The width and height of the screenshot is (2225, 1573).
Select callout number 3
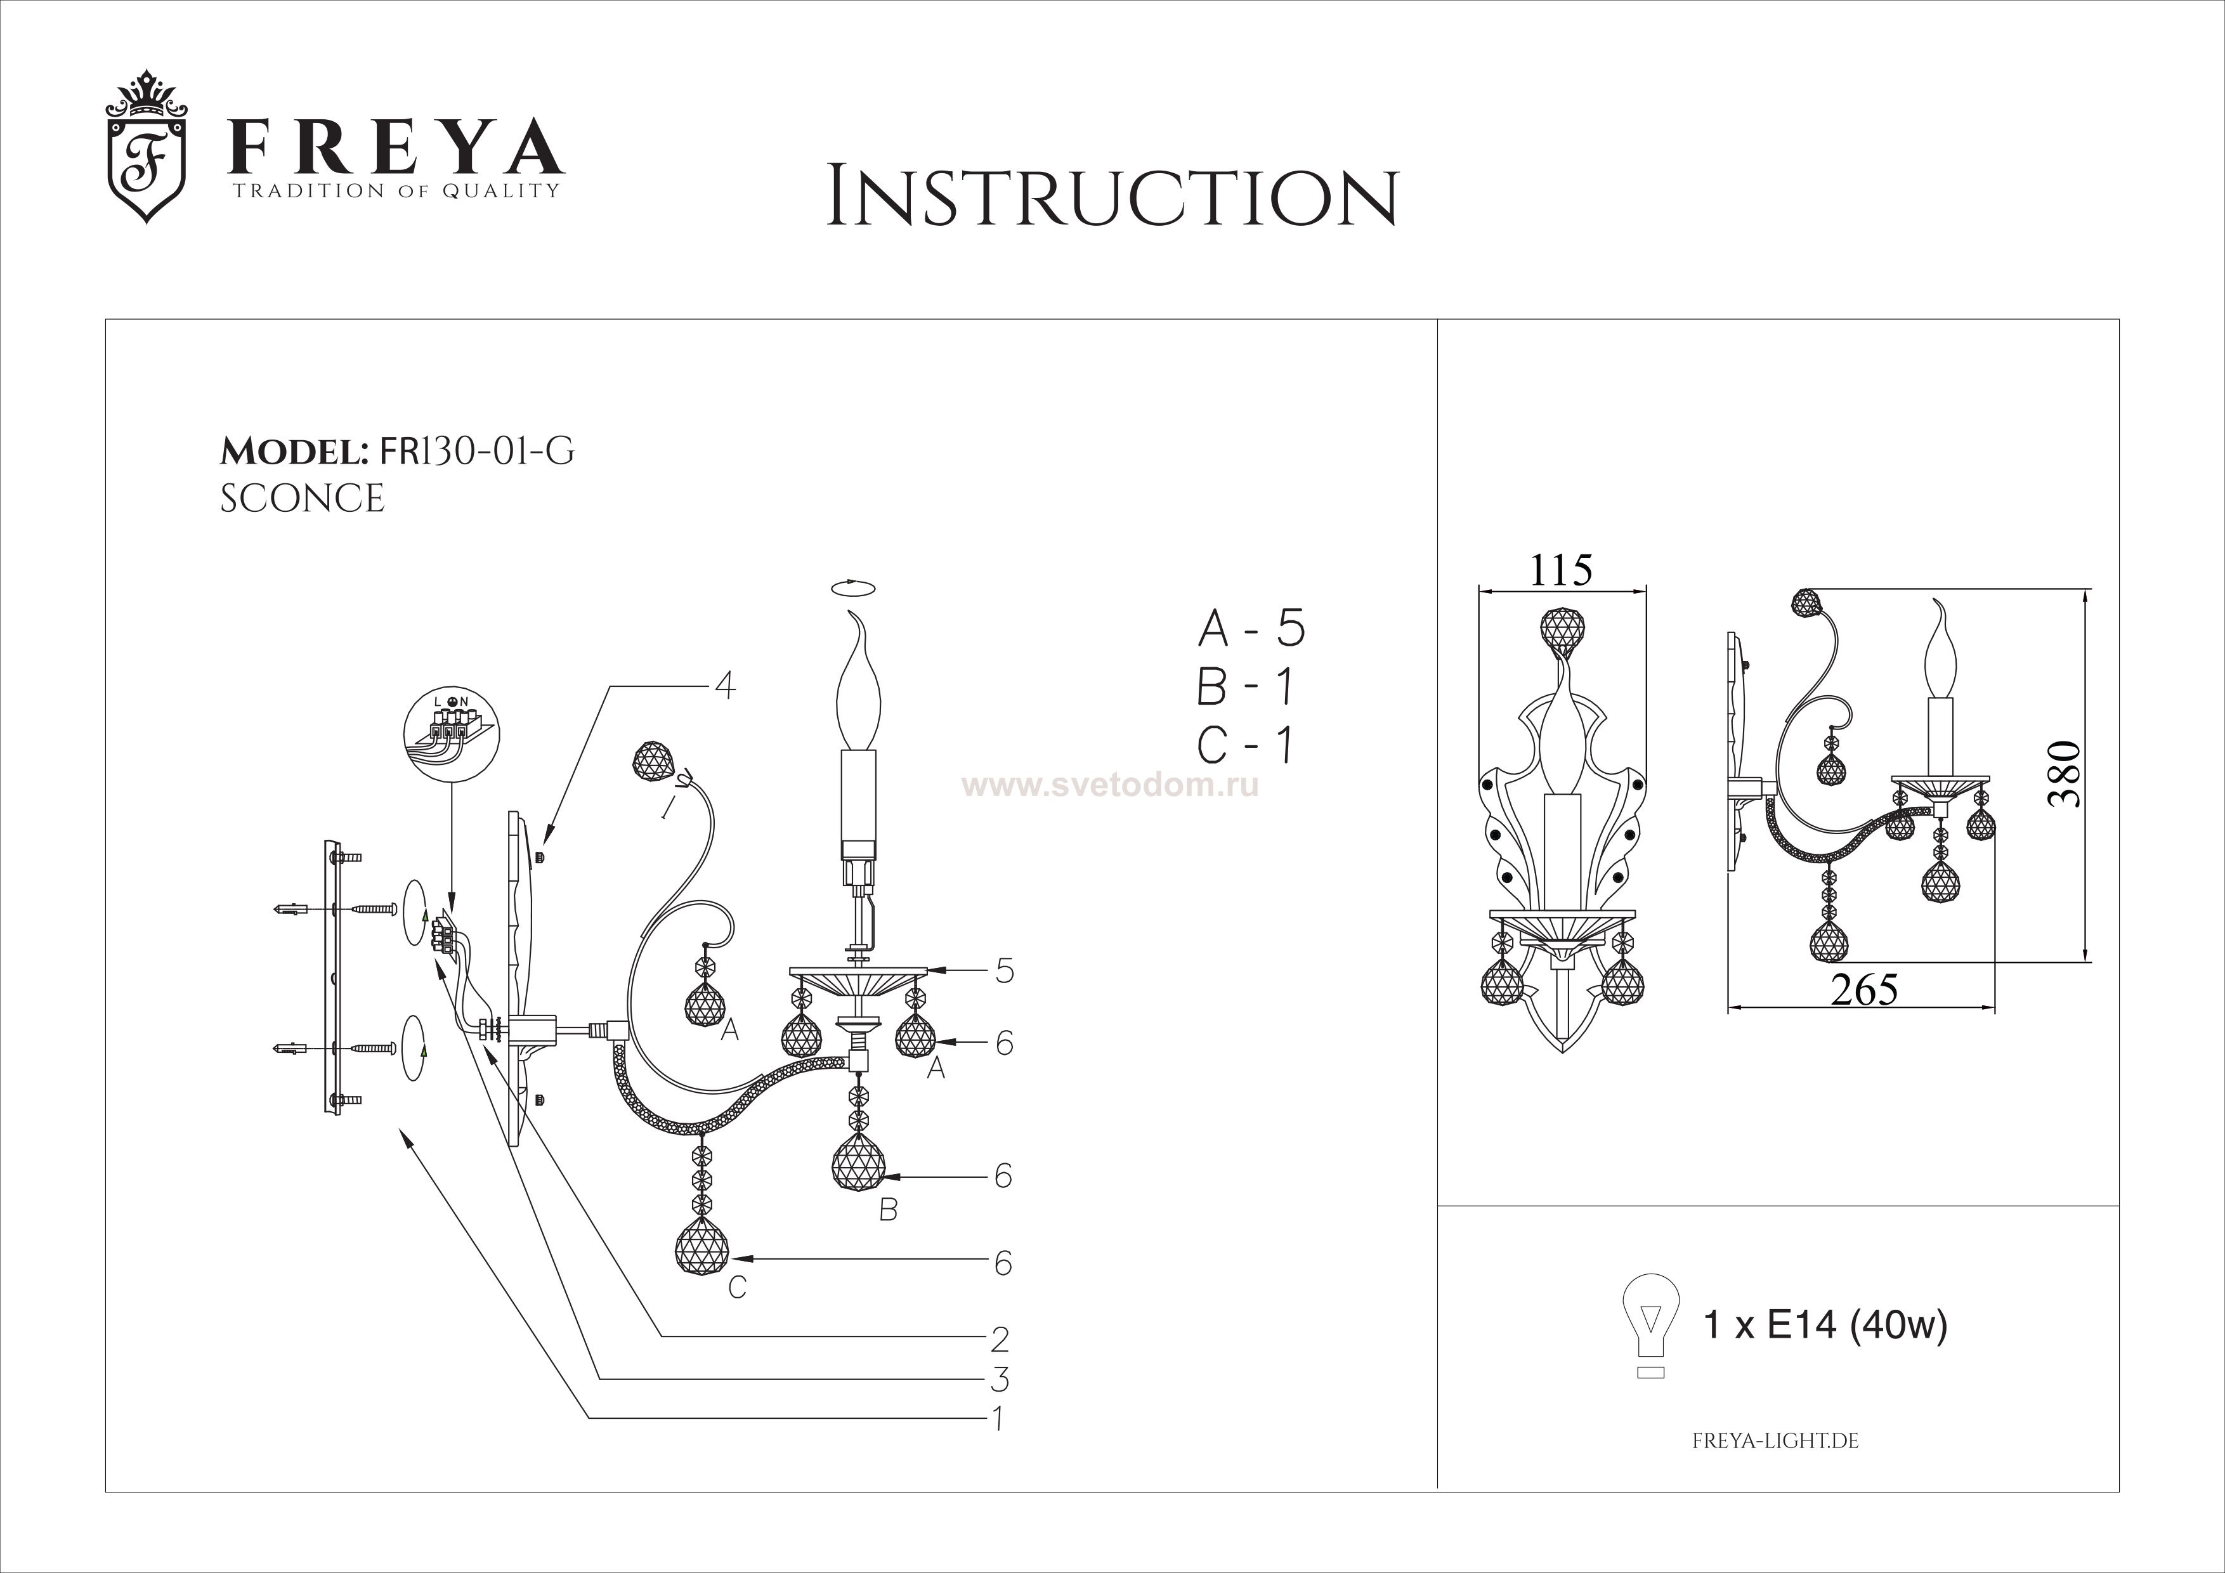coord(1000,1378)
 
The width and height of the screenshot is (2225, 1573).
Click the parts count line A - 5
coord(1251,630)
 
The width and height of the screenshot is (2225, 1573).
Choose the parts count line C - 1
coord(1245,745)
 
